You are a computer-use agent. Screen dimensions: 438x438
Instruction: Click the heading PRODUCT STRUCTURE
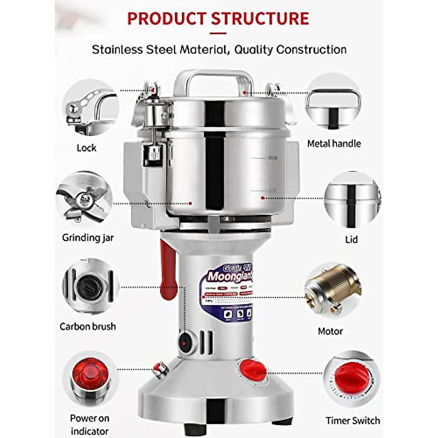(x=218, y=18)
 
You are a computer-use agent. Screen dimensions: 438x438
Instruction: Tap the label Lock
(x=87, y=148)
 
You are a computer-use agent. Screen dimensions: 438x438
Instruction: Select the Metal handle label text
(x=334, y=143)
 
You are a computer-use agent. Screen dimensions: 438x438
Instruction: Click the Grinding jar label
(x=88, y=238)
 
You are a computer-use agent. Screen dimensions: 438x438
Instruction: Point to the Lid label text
(x=351, y=239)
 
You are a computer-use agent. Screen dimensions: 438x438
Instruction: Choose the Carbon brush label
(x=88, y=326)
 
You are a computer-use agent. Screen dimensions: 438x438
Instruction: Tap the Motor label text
(x=330, y=331)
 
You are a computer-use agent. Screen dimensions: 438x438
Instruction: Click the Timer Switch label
(x=353, y=420)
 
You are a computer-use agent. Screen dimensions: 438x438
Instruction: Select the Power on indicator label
(x=89, y=424)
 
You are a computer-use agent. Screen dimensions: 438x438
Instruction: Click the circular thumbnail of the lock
(x=90, y=108)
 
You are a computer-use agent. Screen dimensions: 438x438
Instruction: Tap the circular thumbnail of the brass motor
(x=333, y=288)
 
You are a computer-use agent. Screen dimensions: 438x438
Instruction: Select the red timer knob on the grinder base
(x=253, y=369)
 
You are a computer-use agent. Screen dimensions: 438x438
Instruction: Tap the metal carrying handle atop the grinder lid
(x=213, y=78)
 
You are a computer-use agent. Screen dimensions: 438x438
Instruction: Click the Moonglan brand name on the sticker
(x=230, y=277)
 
